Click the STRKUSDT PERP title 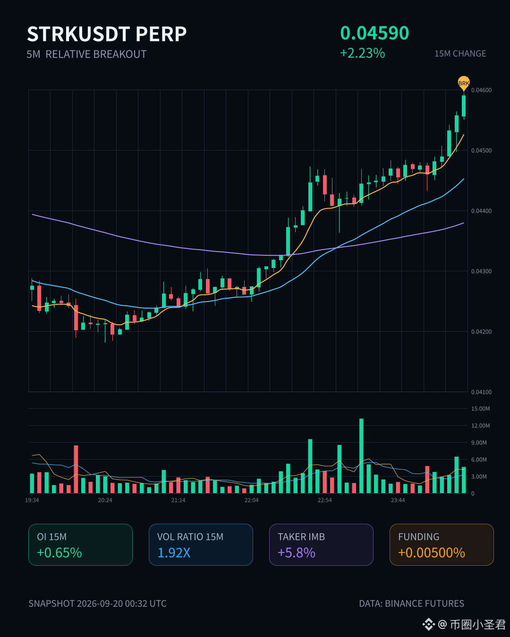coord(107,34)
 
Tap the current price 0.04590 coord(374,33)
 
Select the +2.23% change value coord(362,54)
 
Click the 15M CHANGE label coord(460,54)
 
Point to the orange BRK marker coord(463,83)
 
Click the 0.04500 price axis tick coord(481,151)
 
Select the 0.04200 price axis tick coord(481,332)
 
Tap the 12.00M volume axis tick coord(480,426)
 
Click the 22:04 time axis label coord(251,500)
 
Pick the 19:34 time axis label coord(32,500)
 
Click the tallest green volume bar coord(361,456)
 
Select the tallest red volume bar coord(76,469)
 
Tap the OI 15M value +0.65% coord(59,553)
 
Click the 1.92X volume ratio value coord(174,553)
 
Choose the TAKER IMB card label coord(301,536)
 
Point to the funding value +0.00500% coord(432,553)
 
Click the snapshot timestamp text coord(97,603)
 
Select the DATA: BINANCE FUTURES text coord(412,603)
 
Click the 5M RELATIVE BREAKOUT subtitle coord(86,54)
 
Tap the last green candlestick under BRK coord(464,106)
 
